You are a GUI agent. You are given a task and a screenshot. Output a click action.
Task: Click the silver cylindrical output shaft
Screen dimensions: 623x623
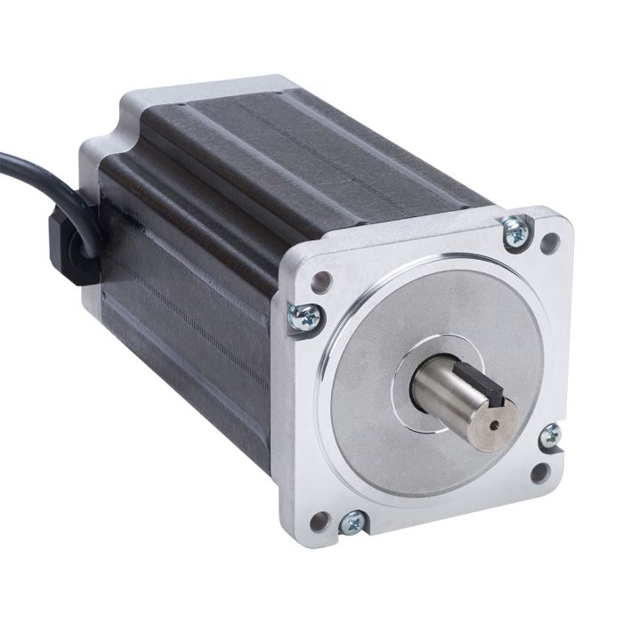(445, 392)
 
